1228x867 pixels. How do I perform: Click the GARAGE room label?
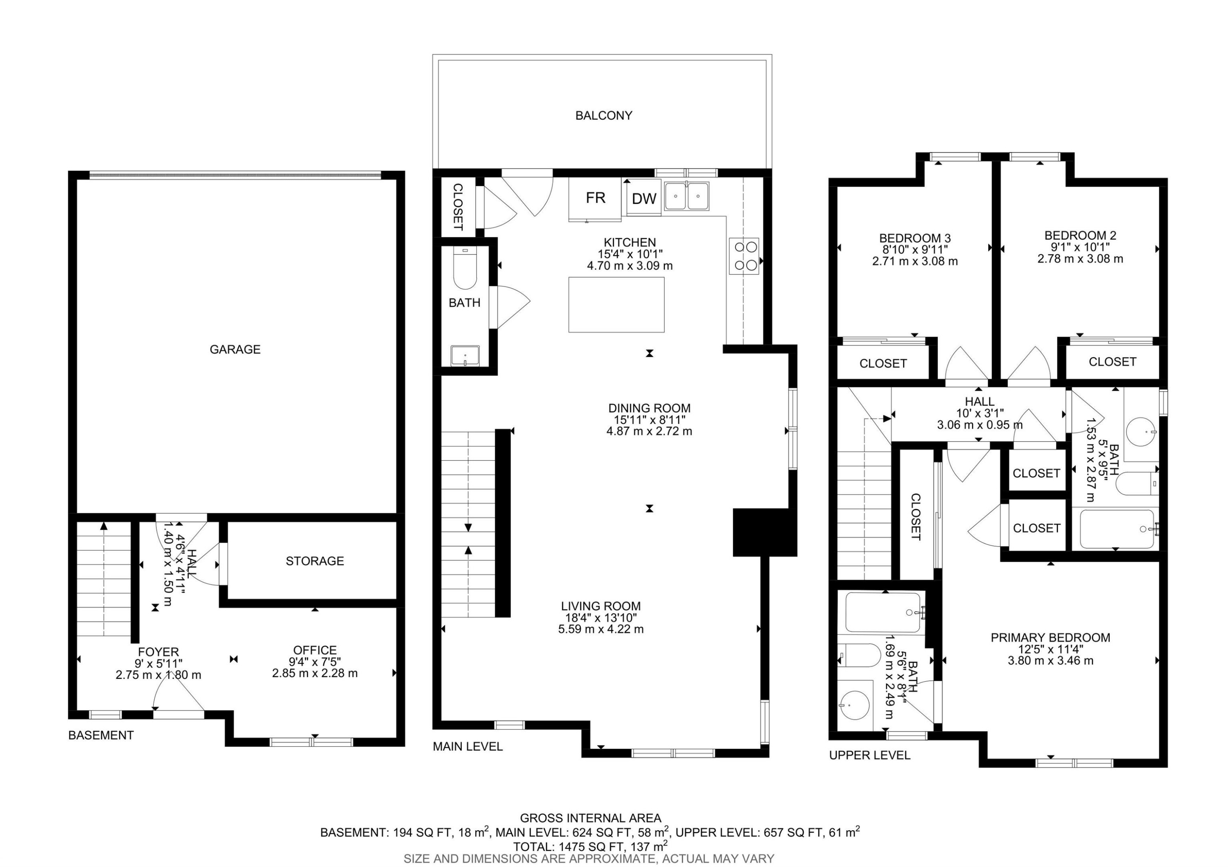point(235,349)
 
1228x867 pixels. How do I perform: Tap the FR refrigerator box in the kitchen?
point(595,198)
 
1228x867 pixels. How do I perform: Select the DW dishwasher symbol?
point(644,199)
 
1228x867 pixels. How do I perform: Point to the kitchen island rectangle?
point(616,305)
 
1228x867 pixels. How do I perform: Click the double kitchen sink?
point(687,196)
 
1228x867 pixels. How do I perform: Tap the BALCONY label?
point(603,115)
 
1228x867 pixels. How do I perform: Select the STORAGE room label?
point(314,561)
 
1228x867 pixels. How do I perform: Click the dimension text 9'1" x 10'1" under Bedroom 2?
point(1080,247)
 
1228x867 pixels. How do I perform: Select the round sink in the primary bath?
point(854,705)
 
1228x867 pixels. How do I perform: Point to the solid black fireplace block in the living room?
point(764,532)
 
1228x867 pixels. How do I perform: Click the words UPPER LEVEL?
point(869,755)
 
